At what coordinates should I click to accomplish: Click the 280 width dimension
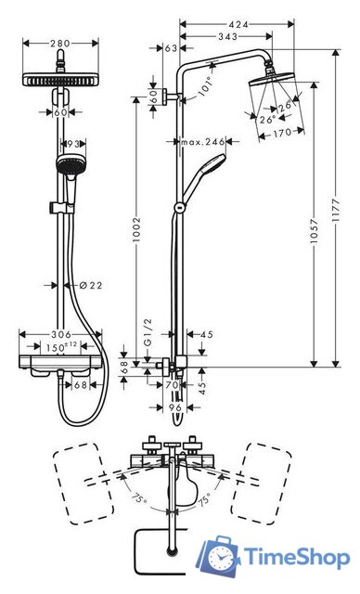60,42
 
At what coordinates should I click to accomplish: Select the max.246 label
203,142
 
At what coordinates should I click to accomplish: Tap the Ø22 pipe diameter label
90,285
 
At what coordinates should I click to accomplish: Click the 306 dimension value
60,334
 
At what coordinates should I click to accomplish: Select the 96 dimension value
175,406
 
